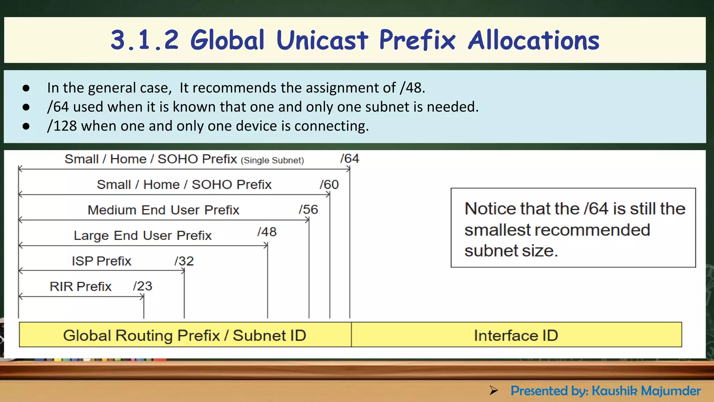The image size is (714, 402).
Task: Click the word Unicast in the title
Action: click(322, 40)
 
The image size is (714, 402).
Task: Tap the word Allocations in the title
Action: click(533, 40)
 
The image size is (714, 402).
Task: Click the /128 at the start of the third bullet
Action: click(62, 126)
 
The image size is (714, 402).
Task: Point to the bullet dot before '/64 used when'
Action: click(26, 107)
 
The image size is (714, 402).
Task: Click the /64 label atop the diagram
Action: click(350, 159)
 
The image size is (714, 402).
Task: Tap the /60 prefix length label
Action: click(329, 185)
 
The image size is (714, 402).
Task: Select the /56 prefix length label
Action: click(309, 210)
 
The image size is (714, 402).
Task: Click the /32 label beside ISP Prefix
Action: click(184, 261)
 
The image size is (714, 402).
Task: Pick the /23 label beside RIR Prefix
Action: click(143, 286)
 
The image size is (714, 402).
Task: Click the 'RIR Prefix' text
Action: click(81, 286)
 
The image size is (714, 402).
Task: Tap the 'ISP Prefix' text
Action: click(101, 261)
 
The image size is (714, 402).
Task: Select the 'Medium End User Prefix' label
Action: click(163, 210)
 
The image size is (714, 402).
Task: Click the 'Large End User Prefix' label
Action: click(143, 236)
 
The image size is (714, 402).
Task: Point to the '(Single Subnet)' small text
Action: click(272, 161)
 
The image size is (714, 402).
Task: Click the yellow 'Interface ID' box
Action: click(516, 335)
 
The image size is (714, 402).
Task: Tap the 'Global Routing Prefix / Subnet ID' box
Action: click(185, 335)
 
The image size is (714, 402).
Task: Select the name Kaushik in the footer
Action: click(614, 391)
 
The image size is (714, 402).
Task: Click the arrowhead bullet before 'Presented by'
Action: click(493, 390)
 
